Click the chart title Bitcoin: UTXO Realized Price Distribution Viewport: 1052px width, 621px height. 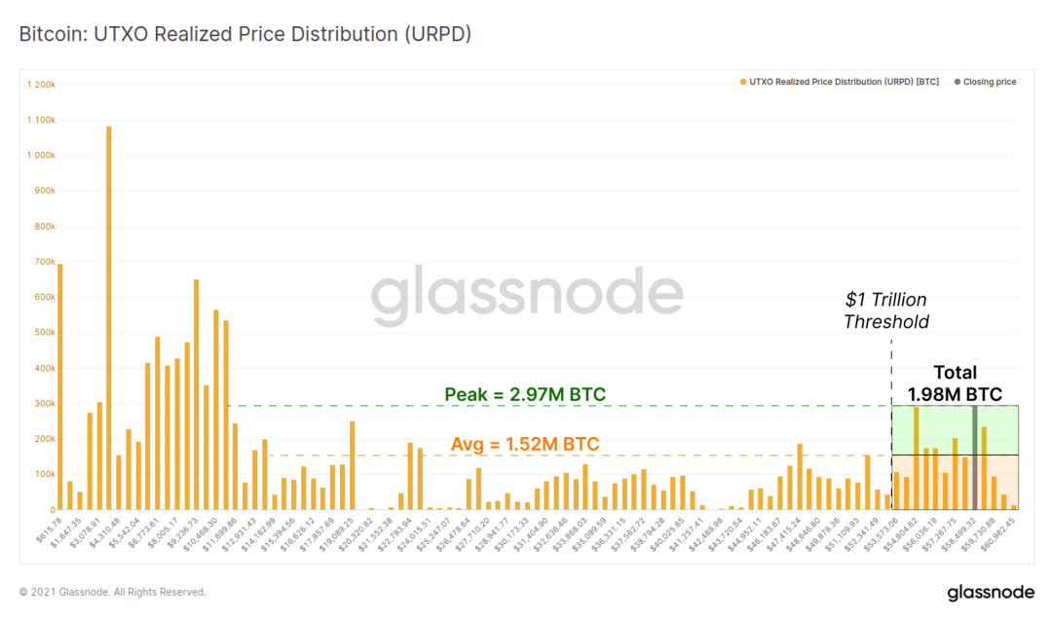[x=245, y=34]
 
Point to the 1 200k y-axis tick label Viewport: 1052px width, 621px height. [x=42, y=85]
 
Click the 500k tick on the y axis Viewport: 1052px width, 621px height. [x=44, y=333]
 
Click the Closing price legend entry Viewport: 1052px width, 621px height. [x=989, y=83]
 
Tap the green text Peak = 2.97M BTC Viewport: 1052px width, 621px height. [x=525, y=394]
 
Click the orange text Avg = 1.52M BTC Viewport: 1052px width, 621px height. [x=525, y=445]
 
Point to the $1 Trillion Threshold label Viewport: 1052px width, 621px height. [x=885, y=310]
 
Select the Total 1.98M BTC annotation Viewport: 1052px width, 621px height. [x=955, y=384]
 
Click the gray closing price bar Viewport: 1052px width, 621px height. [x=974, y=457]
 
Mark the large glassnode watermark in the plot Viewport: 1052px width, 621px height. [x=527, y=296]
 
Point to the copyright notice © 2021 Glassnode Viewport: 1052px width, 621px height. [x=113, y=592]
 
